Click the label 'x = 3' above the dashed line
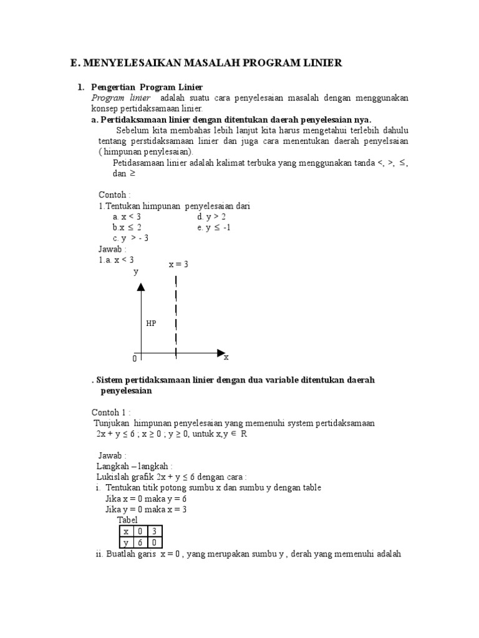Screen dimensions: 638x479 [178, 264]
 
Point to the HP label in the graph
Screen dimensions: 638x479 [151, 323]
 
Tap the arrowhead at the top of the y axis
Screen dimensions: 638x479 [141, 286]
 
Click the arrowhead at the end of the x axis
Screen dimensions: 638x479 [221, 353]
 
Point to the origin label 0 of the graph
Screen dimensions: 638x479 [134, 359]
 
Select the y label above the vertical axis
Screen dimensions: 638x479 [136, 272]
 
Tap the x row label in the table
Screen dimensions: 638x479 [125, 531]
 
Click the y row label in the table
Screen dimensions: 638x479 [125, 543]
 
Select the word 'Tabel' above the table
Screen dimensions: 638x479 [127, 520]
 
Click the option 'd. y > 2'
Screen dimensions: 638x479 [211, 216]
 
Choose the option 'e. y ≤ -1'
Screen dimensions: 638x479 [213, 227]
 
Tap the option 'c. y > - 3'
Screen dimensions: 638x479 [130, 238]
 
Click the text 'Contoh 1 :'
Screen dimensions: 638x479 [112, 412]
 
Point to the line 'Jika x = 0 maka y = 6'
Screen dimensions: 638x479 [146, 498]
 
